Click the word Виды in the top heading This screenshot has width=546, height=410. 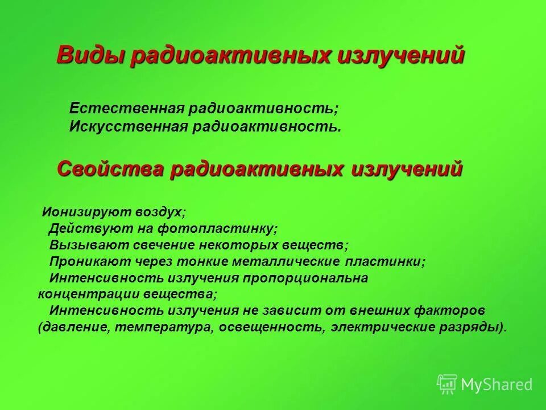[x=90, y=56]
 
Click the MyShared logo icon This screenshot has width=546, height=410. [x=447, y=384]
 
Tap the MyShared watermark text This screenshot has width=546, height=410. [x=497, y=385]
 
